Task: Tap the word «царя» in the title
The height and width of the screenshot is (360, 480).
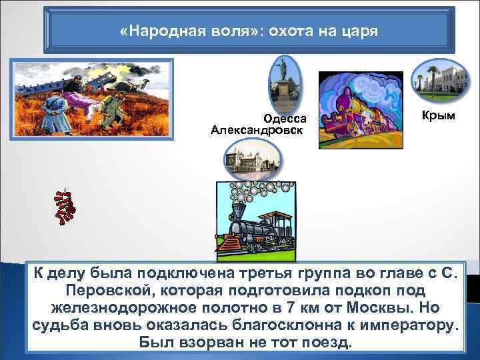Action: [359, 31]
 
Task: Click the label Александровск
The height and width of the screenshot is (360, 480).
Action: [256, 129]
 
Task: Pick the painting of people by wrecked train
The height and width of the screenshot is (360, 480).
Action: [92, 99]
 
